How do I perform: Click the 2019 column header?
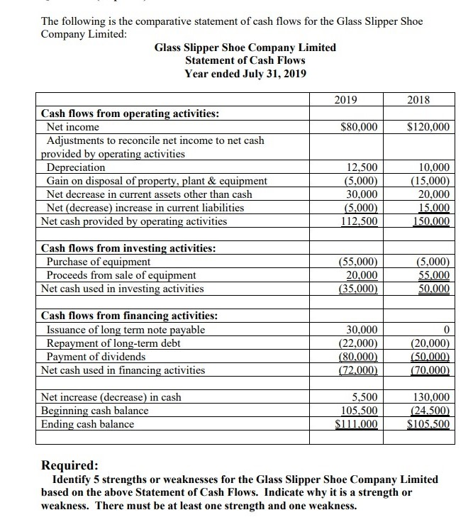[x=344, y=100]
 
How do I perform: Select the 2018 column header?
[x=420, y=100]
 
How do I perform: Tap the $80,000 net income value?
[x=360, y=127]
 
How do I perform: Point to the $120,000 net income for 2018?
[x=428, y=127]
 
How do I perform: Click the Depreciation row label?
[x=76, y=167]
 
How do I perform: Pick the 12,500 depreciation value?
[x=362, y=167]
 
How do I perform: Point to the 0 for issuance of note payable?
[x=446, y=330]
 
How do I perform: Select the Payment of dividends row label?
[x=96, y=356]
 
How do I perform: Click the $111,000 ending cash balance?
[x=359, y=424]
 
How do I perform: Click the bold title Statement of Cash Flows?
[x=245, y=60]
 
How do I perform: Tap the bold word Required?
[x=70, y=465]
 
